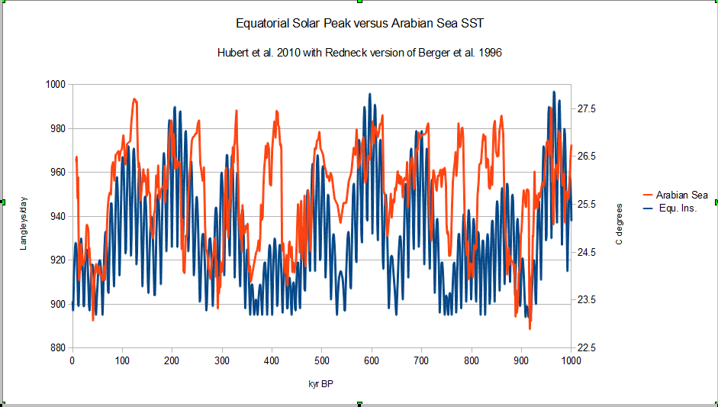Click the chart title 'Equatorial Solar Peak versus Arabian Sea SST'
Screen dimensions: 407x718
tap(359, 24)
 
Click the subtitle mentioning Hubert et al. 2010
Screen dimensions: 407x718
tap(359, 55)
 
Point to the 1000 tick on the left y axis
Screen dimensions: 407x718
tap(56, 85)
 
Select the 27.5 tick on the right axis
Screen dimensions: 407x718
tap(586, 109)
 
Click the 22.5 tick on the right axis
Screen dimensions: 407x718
tap(586, 348)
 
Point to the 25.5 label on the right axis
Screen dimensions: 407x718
tap(586, 205)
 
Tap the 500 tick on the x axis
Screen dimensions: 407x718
tap(321, 360)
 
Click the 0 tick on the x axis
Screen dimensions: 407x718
tap(72, 360)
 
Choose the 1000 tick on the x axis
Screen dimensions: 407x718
tap(571, 360)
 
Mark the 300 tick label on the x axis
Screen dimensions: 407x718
tap(221, 360)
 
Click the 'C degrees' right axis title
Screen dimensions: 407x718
tap(619, 224)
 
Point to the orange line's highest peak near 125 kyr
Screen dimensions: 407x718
tap(134, 99)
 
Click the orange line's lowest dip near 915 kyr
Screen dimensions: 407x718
tap(530, 328)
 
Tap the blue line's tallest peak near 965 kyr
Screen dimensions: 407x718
tap(554, 92)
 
